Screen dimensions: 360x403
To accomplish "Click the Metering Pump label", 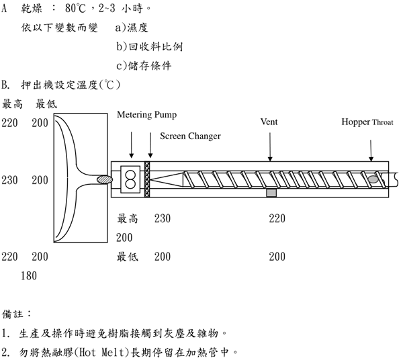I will [x=147, y=115].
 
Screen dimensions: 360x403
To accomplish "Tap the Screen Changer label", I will [x=190, y=136].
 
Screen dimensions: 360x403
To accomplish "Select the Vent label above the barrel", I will [x=269, y=122].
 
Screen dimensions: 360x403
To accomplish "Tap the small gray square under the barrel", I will [x=271, y=193].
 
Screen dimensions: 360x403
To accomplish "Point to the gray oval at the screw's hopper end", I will [x=373, y=179].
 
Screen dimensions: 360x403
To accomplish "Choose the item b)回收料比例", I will [x=149, y=47].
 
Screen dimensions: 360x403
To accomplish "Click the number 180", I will [x=28, y=275].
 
